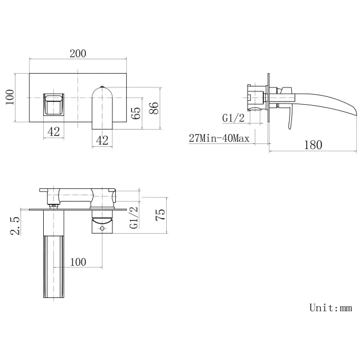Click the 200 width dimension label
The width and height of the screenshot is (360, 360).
coord(78,53)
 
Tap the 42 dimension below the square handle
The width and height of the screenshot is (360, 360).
coord(54,132)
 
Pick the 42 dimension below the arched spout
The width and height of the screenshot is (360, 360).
coord(102,140)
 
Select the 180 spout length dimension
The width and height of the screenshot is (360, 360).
coord(313,145)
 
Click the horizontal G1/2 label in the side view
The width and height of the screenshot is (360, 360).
coord(233,118)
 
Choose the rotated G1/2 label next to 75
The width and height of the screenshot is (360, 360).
coord(132,218)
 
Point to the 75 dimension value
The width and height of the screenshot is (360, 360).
coord(161,215)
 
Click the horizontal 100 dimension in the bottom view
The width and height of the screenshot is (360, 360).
coord(78,262)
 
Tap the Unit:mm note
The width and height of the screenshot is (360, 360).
coord(330,308)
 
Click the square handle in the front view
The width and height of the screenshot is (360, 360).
coord(54,104)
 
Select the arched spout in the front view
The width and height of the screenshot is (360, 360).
coord(102,105)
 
